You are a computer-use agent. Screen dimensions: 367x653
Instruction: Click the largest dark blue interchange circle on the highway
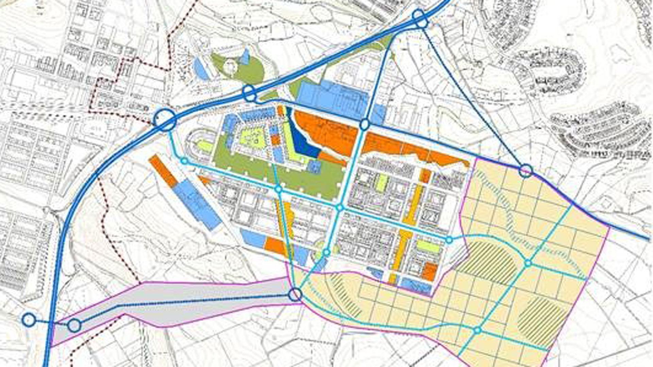(165, 120)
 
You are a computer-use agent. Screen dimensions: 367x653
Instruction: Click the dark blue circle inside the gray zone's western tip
(74, 326)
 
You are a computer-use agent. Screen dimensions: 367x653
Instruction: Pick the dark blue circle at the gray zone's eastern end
(295, 295)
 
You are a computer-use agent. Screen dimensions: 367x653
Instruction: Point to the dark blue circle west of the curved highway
(29, 319)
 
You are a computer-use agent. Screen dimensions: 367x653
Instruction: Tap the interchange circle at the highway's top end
(420, 18)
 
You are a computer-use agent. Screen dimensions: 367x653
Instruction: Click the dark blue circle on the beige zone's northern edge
(526, 170)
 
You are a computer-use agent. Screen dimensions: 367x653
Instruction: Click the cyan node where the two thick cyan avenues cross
(339, 208)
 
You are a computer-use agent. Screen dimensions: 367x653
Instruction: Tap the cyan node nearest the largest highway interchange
(184, 161)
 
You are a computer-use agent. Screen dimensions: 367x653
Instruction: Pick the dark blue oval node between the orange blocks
(365, 125)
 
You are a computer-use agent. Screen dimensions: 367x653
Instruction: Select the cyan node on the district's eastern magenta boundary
(449, 240)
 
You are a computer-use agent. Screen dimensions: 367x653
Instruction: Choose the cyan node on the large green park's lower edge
(279, 189)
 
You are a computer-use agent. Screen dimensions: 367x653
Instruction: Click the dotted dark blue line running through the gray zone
(204, 300)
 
